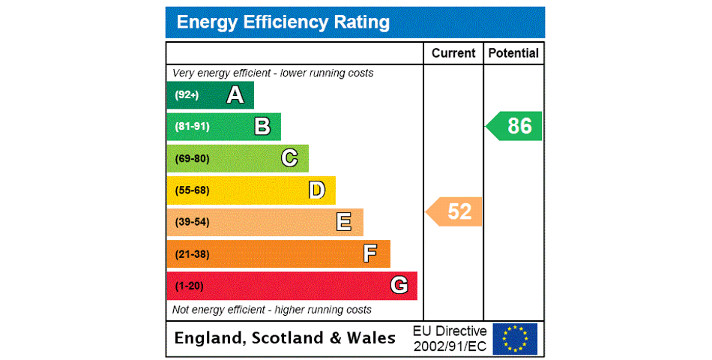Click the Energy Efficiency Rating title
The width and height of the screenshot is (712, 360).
[283, 22]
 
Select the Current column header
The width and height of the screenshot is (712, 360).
[453, 53]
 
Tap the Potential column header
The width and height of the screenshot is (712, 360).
[513, 53]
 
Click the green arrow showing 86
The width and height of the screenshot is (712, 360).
[516, 126]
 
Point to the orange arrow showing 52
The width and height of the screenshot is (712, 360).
[456, 211]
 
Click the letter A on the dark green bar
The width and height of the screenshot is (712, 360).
[235, 95]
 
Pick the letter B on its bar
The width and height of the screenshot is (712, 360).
[262, 127]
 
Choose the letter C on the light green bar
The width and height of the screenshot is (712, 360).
[289, 158]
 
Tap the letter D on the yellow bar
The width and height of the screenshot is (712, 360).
[317, 190]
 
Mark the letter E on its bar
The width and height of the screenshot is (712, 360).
[344, 222]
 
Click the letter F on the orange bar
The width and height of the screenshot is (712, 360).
[370, 253]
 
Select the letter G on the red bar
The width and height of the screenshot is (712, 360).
[399, 286]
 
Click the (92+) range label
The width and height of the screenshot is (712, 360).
[187, 95]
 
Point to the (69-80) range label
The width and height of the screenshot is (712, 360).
[192, 159]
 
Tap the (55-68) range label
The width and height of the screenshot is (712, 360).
[192, 190]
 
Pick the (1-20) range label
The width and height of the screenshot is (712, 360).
[189, 286]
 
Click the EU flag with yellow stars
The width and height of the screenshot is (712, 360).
[515, 339]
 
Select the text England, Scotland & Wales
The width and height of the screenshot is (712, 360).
[285, 338]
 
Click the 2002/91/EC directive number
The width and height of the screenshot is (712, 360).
[450, 346]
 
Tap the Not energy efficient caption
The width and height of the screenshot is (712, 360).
[272, 310]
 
